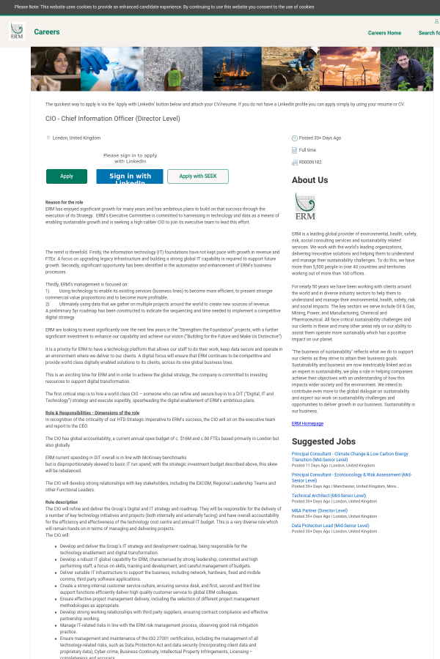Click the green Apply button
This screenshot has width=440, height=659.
(x=67, y=176)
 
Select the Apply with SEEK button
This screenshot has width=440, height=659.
(x=198, y=176)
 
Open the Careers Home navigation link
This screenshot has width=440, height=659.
(x=384, y=33)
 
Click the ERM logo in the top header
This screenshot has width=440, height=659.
(x=16, y=31)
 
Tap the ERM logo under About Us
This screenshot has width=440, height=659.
(x=304, y=206)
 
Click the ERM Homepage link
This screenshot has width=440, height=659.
(x=307, y=423)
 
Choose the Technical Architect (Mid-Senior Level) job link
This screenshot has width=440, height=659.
(x=329, y=496)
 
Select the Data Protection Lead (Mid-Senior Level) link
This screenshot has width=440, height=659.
(x=331, y=526)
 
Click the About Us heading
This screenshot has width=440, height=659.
(x=309, y=180)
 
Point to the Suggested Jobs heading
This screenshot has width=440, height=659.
(x=323, y=442)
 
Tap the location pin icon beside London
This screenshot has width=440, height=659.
(x=48, y=138)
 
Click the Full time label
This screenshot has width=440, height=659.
(x=307, y=150)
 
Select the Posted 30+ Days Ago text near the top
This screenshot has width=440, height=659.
(x=320, y=138)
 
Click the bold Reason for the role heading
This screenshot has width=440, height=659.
(x=64, y=202)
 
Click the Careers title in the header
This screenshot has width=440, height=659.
(x=47, y=32)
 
